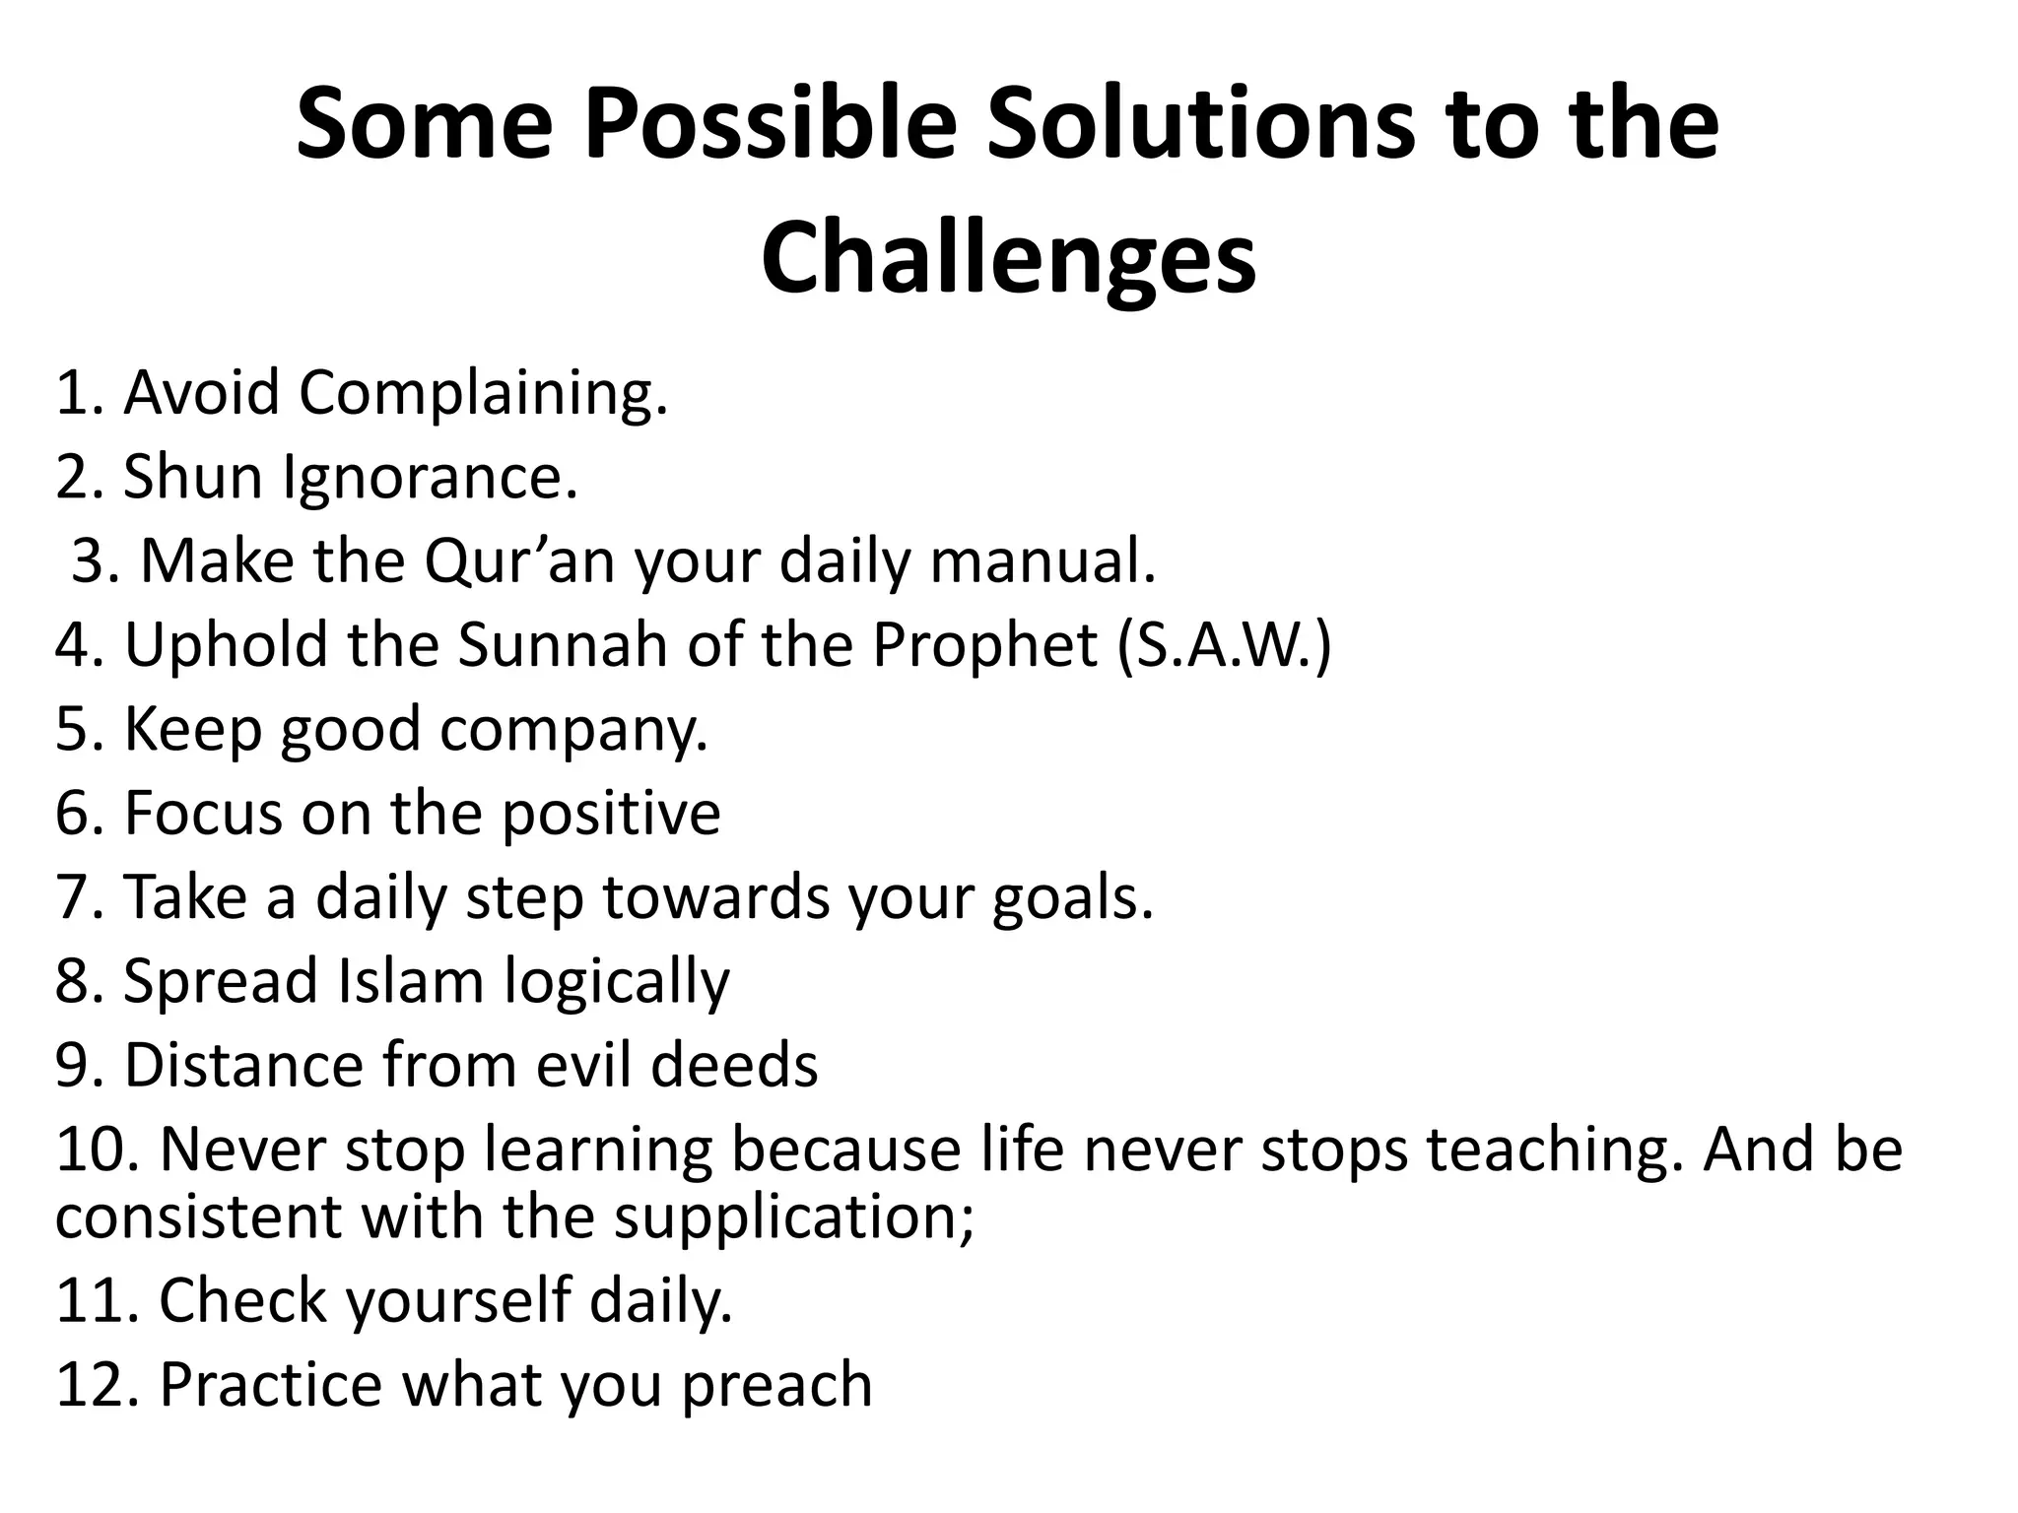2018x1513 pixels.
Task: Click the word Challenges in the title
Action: pyautogui.click(x=1008, y=258)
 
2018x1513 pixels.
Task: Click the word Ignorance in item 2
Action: pyautogui.click(x=430, y=478)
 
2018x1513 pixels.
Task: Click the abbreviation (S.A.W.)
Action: pyautogui.click(x=1224, y=645)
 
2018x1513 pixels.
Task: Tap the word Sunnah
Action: pyautogui.click(x=563, y=645)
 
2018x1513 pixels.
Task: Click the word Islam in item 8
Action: pyautogui.click(x=411, y=982)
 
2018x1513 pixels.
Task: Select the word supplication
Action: pyautogui.click(x=794, y=1217)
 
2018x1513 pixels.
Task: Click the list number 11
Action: pyautogui.click(x=99, y=1300)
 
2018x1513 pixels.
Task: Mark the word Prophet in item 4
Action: pyautogui.click(x=984, y=645)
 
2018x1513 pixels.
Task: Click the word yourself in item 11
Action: pyautogui.click(x=458, y=1300)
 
